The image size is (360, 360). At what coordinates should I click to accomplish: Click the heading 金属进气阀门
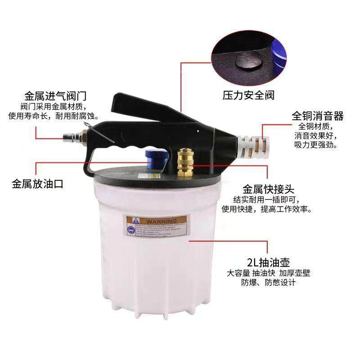click(55, 96)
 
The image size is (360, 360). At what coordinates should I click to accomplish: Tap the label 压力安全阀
click(249, 95)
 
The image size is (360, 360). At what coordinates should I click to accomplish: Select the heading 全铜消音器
click(317, 116)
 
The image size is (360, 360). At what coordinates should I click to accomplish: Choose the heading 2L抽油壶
click(268, 262)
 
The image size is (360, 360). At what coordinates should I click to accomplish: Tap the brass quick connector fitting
click(184, 162)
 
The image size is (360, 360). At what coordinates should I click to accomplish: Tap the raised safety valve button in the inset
click(247, 60)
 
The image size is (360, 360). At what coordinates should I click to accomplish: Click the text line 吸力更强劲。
click(316, 145)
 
